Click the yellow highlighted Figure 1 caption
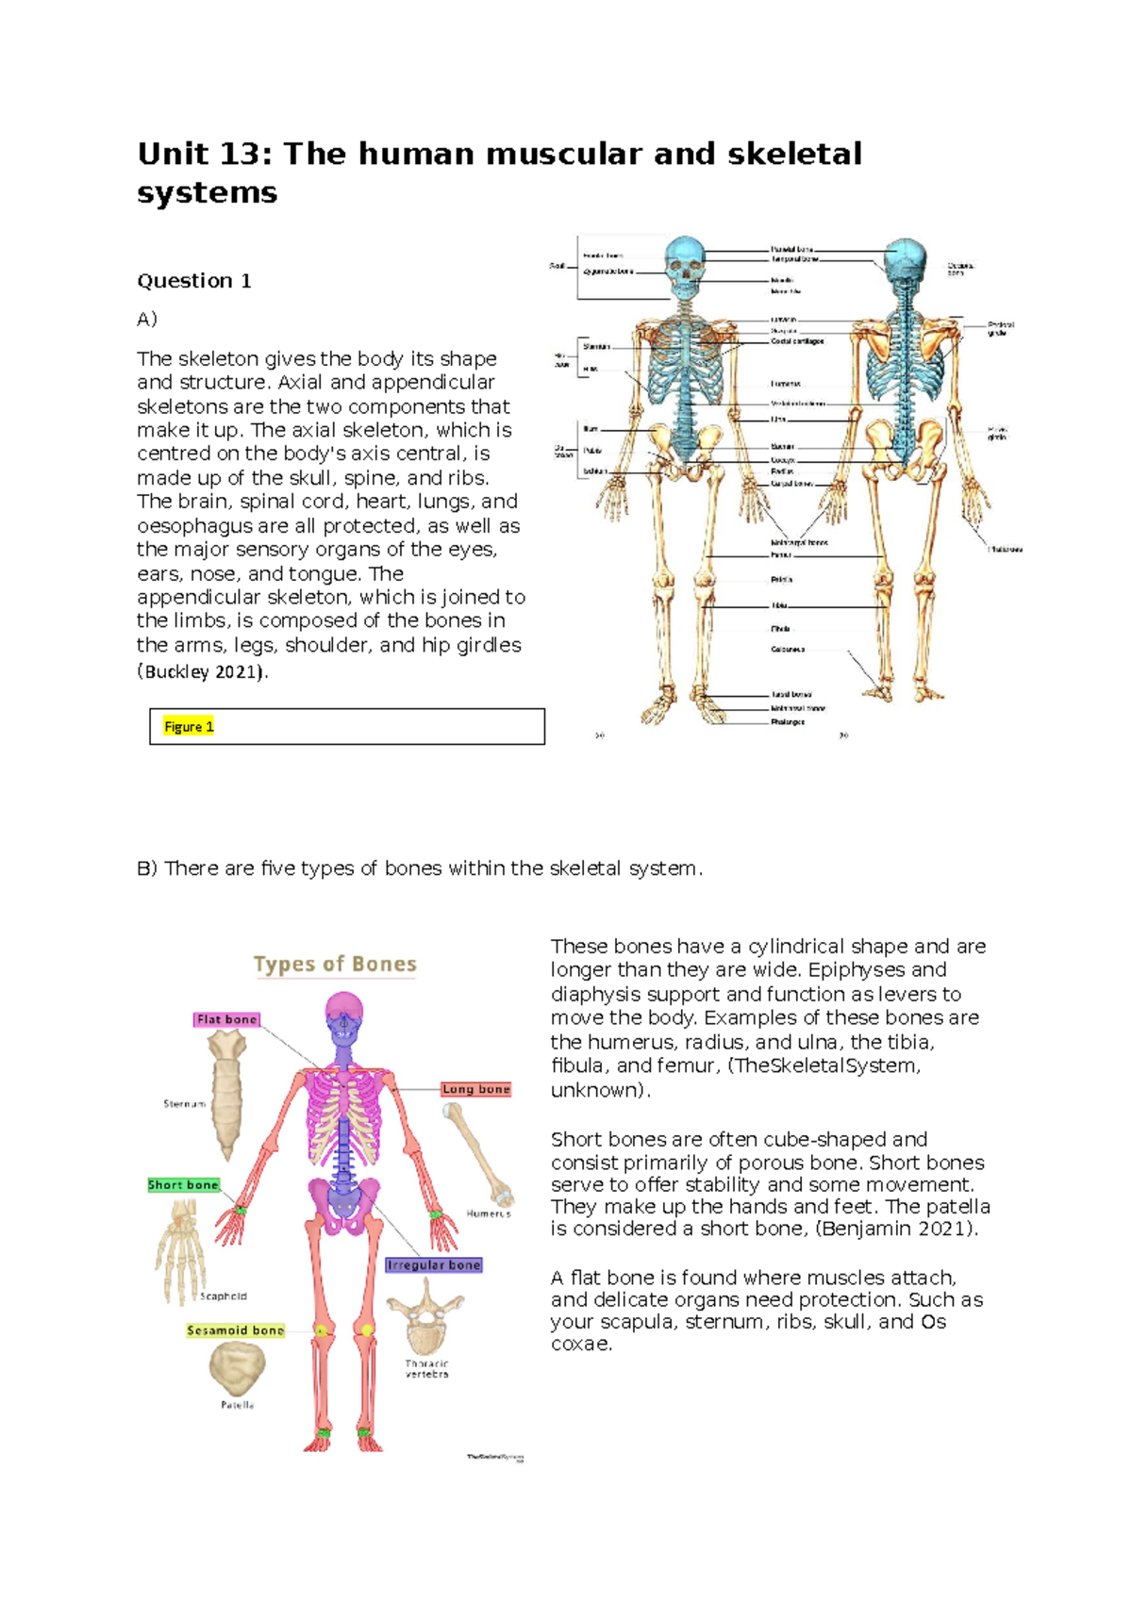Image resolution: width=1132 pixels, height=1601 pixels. pyautogui.click(x=189, y=726)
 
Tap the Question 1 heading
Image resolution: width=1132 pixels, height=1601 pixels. pyautogui.click(x=194, y=281)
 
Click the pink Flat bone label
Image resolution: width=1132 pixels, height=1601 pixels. pyautogui.click(x=226, y=1019)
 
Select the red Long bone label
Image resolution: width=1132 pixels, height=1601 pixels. pyautogui.click(x=475, y=1089)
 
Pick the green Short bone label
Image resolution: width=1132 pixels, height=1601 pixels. pyautogui.click(x=183, y=1185)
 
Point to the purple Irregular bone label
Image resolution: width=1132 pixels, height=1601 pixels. pyautogui.click(x=433, y=1265)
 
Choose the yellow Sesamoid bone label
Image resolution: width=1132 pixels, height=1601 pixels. pyautogui.click(x=235, y=1330)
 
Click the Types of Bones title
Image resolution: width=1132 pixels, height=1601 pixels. pyautogui.click(x=335, y=964)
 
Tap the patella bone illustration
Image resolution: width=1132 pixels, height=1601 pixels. pyautogui.click(x=237, y=1368)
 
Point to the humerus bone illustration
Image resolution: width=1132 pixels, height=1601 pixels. pyautogui.click(x=478, y=1155)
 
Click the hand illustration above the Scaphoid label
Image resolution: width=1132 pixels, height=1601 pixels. pyautogui.click(x=180, y=1254)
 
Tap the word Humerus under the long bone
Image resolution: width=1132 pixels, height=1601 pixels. pyautogui.click(x=489, y=1213)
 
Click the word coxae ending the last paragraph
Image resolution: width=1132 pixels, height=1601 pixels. pyautogui.click(x=581, y=1345)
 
